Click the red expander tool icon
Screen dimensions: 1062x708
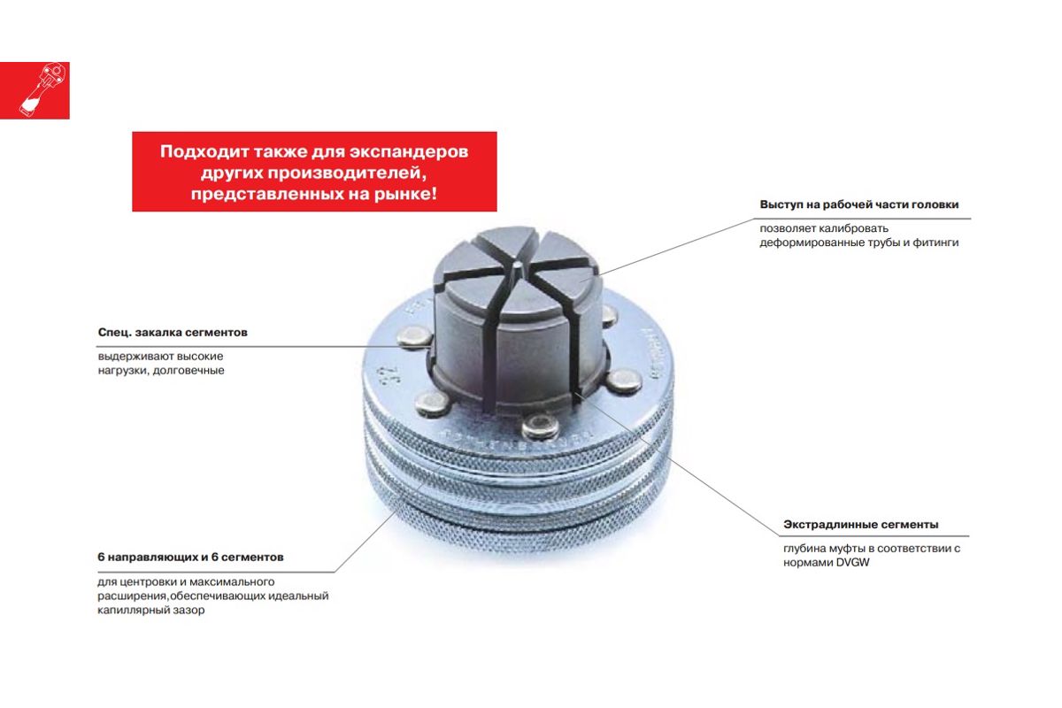click(35, 90)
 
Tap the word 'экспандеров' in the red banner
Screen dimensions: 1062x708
click(409, 151)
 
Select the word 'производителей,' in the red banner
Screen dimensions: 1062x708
click(348, 173)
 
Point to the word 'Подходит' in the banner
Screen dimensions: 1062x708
click(204, 151)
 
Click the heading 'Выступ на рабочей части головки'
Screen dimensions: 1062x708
click(859, 204)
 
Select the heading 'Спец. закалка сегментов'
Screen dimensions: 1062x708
click(173, 333)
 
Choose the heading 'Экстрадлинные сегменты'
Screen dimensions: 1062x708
click(861, 525)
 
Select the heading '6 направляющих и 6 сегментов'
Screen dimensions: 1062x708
click(190, 558)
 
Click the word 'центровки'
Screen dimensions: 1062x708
click(151, 581)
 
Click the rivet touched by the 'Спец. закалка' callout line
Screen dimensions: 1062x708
click(414, 337)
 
